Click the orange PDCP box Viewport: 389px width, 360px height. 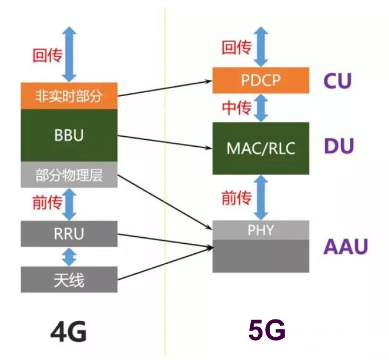click(261, 80)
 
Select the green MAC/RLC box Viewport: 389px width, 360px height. click(261, 148)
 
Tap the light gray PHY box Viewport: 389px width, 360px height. click(261, 229)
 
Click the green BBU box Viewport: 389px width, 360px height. click(69, 135)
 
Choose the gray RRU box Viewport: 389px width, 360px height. click(69, 233)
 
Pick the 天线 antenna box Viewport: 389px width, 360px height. click(69, 279)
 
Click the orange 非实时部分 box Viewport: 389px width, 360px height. click(69, 96)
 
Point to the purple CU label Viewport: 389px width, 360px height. click(338, 81)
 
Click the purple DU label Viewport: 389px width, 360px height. click(339, 147)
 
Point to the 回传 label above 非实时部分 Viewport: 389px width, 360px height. click(47, 54)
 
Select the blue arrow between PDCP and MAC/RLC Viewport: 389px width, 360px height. click(261, 108)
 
